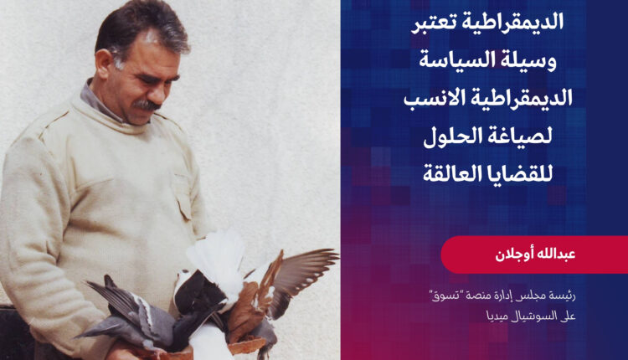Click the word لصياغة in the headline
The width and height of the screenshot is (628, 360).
(x=522, y=137)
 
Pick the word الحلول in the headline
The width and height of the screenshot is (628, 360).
(x=453, y=136)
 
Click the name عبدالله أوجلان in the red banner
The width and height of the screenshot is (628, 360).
(x=535, y=255)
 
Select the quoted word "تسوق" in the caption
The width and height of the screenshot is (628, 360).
(x=443, y=296)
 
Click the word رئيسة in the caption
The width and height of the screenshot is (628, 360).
(x=564, y=296)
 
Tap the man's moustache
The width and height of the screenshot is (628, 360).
(x=147, y=105)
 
